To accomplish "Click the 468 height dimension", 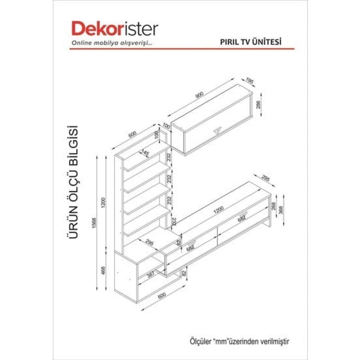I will pyautogui.click(x=103, y=270).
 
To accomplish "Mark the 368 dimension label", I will pyautogui.click(x=281, y=209).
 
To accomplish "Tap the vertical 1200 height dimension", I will pyautogui.click(x=103, y=202).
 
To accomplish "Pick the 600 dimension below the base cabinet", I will pyautogui.click(x=162, y=295).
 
